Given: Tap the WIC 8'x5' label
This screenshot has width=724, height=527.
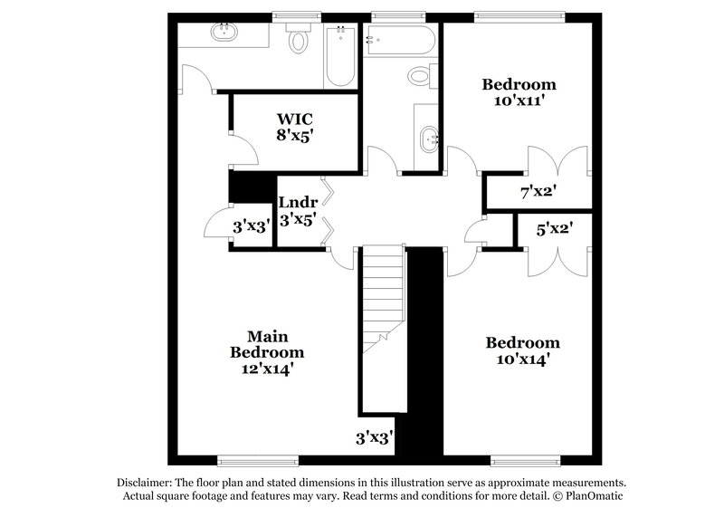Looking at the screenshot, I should (296, 125).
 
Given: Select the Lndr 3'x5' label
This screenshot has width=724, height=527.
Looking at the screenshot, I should (297, 210).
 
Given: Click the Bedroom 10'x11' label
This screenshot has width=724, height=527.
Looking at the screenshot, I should (519, 92).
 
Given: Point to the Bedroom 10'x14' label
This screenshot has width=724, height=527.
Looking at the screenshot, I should (522, 350).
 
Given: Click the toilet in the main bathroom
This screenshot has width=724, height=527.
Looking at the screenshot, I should (299, 40).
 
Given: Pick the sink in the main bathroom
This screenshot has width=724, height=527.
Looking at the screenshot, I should (224, 34).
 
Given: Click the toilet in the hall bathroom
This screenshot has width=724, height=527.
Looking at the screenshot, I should (421, 76).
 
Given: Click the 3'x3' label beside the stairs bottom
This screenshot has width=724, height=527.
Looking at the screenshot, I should (373, 438).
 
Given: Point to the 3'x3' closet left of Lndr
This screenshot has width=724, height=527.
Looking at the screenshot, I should (250, 227).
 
